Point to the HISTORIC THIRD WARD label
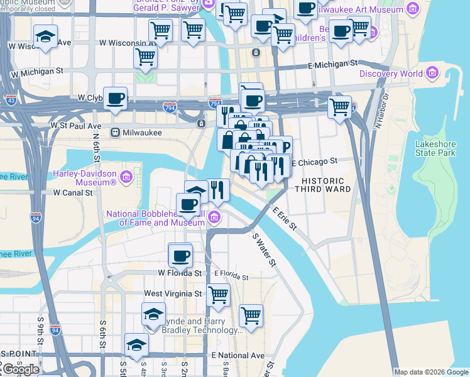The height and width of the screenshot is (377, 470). pos(317,185)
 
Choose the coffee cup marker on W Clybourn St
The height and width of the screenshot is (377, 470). pos(115,98)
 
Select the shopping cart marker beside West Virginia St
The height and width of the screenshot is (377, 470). pos(218,293)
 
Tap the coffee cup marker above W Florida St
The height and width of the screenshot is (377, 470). pos(180,256)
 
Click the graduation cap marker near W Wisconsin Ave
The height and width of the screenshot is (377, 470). pos(45,36)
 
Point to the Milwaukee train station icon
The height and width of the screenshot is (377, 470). pos(116,133)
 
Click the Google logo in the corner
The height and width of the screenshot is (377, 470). pos(21,369)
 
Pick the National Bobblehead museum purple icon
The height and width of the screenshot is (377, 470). pos(214,218)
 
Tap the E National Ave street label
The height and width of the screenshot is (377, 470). pos(238,355)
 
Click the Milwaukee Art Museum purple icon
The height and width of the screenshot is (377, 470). pos(412,9)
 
